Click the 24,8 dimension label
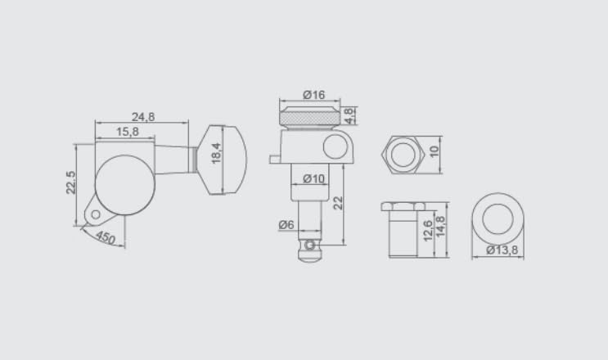(x=143, y=117)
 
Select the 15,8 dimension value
(x=128, y=132)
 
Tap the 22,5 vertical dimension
(x=71, y=182)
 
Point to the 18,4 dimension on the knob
(x=216, y=153)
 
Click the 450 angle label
(x=105, y=237)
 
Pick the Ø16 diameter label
(x=313, y=95)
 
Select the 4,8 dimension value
(x=349, y=116)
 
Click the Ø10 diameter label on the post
(x=313, y=178)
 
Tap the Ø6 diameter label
(x=286, y=224)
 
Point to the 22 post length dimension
(x=339, y=203)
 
